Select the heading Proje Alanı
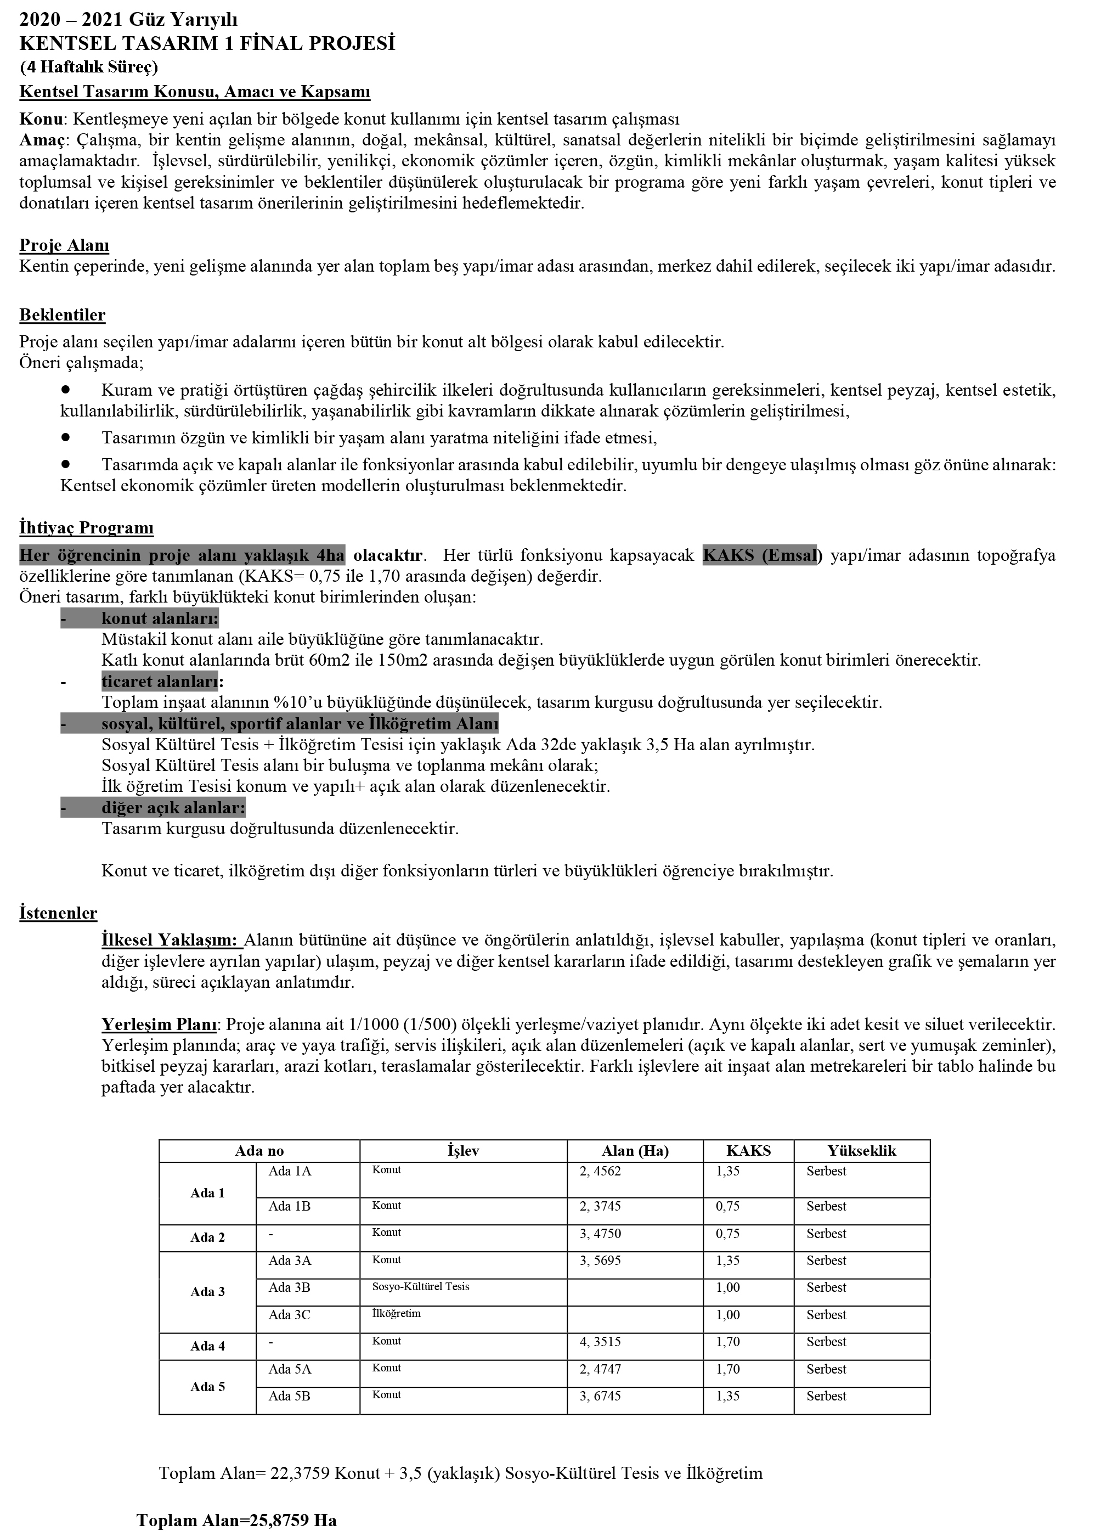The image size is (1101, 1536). click(64, 245)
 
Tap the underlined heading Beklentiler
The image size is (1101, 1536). click(63, 315)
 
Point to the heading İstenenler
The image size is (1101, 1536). click(58, 913)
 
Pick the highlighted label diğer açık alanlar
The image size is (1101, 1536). click(173, 808)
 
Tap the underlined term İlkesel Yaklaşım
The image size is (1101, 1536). click(170, 940)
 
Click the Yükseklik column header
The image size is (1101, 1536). click(861, 1151)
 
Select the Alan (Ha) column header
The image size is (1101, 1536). click(635, 1151)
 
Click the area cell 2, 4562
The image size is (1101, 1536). click(600, 1172)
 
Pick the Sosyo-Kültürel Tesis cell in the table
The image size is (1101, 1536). click(421, 1286)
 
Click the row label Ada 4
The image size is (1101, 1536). click(207, 1346)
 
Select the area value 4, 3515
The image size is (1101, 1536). click(600, 1342)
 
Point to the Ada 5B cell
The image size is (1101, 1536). click(289, 1396)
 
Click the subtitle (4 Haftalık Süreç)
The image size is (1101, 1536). click(89, 67)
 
